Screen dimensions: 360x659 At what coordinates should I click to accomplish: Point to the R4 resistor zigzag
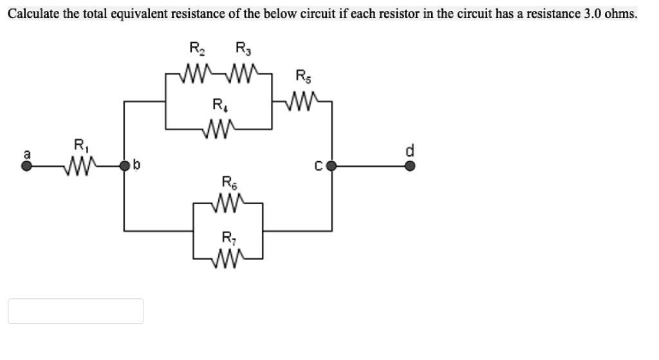[219, 128]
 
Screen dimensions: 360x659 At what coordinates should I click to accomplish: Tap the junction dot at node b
[125, 167]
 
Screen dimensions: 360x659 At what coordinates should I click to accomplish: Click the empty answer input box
[75, 311]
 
